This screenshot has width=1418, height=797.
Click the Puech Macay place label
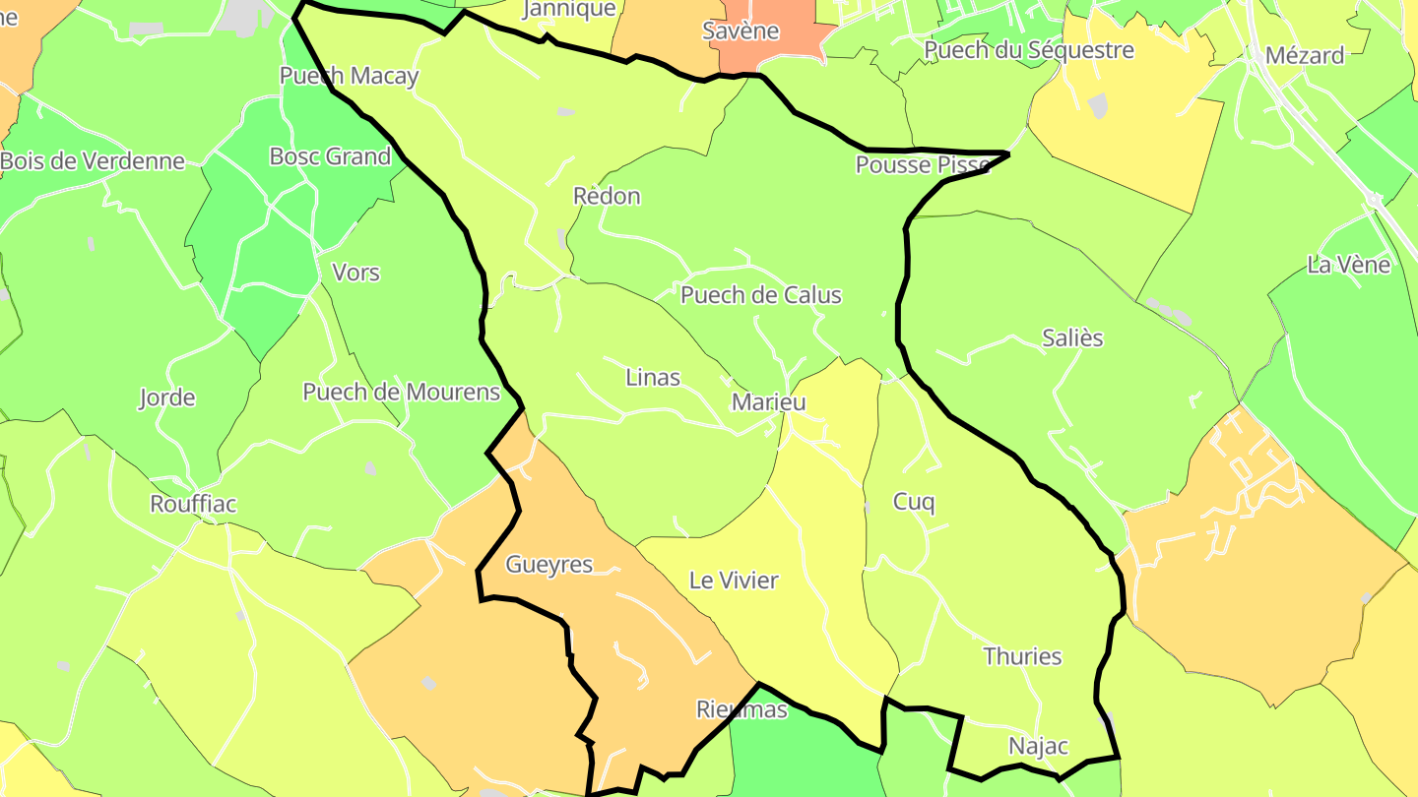tap(349, 76)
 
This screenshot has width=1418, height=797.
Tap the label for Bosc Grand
tap(330, 156)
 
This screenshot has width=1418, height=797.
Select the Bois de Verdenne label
tap(93, 161)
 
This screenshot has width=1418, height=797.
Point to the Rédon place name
tap(607, 196)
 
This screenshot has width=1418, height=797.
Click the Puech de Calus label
tap(761, 295)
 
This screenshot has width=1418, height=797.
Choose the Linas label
tap(653, 377)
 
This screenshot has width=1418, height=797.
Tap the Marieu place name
tap(768, 401)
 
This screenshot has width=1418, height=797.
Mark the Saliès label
tap(1072, 338)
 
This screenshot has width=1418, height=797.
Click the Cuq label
tap(914, 502)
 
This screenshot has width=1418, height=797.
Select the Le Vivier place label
tap(734, 581)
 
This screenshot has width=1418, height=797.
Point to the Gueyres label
tap(549, 565)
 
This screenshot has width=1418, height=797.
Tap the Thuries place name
tap(1022, 656)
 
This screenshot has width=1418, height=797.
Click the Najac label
tap(1038, 746)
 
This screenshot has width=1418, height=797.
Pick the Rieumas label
tap(741, 709)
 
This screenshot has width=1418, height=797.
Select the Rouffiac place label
tap(193, 504)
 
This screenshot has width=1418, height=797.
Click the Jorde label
tap(166, 398)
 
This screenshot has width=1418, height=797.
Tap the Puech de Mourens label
tap(401, 392)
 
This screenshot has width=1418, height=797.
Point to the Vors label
tap(355, 273)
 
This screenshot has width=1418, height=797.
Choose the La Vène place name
tap(1348, 265)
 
